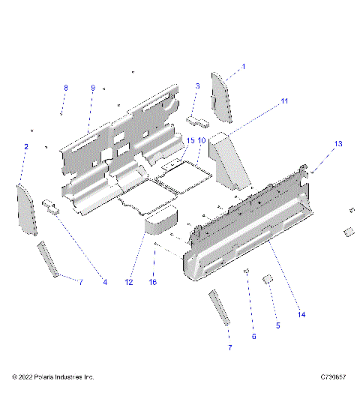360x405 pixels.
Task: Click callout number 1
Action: pyautogui.click(x=244, y=67)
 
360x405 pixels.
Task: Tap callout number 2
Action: pyautogui.click(x=26, y=146)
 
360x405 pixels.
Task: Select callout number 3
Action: pyautogui.click(x=197, y=87)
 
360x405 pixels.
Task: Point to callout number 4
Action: pyautogui.click(x=105, y=282)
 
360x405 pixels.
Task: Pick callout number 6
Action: pyautogui.click(x=253, y=337)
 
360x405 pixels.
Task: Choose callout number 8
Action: pyautogui.click(x=65, y=88)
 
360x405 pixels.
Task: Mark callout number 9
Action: pyautogui.click(x=93, y=88)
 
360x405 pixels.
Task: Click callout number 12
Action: pyautogui.click(x=129, y=282)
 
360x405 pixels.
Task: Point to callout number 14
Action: pyautogui.click(x=302, y=316)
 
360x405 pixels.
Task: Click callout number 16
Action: pyautogui.click(x=154, y=282)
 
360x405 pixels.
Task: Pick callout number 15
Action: pyautogui.click(x=190, y=140)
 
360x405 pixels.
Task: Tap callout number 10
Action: pyautogui.click(x=202, y=140)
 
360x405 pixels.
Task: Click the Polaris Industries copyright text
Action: pyautogui.click(x=52, y=376)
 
